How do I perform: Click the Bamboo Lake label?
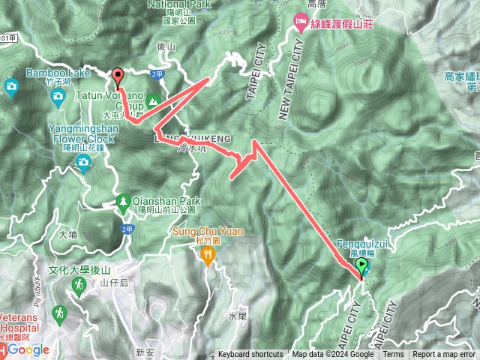[x=58, y=73]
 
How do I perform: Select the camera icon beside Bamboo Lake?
[x=11, y=86]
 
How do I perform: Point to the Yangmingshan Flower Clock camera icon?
[x=83, y=162]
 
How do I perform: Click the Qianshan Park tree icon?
[x=122, y=201]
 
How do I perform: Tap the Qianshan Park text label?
[x=169, y=201]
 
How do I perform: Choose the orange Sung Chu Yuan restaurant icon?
[x=208, y=256]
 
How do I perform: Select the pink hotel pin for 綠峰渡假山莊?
[x=300, y=25]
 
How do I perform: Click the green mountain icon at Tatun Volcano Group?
[x=153, y=100]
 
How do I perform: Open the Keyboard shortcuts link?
[x=250, y=355]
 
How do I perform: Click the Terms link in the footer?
[x=393, y=355]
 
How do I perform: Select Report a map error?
[x=445, y=355]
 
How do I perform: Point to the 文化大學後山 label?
[x=79, y=270]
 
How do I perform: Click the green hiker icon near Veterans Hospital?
[x=59, y=311]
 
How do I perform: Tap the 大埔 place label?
[x=68, y=235]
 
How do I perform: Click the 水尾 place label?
[x=238, y=316]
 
